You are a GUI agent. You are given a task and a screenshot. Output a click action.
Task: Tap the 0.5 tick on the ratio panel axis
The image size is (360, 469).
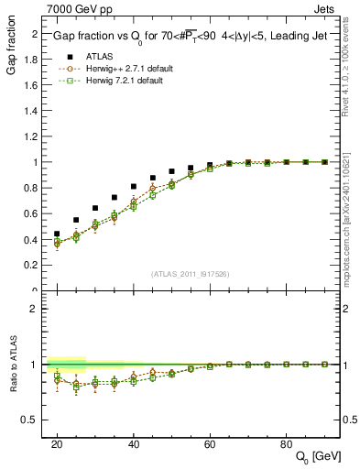[34, 420]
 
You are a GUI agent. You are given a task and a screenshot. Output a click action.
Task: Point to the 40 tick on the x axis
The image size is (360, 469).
[134, 443]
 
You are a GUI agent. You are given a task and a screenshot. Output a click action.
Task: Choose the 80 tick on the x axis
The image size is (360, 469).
[286, 443]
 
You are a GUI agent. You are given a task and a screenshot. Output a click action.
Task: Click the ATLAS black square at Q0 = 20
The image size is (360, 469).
[57, 234]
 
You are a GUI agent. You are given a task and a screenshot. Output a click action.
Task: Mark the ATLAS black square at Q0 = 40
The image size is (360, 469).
[134, 186]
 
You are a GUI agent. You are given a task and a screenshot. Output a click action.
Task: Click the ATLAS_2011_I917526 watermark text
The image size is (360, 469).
[190, 274]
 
